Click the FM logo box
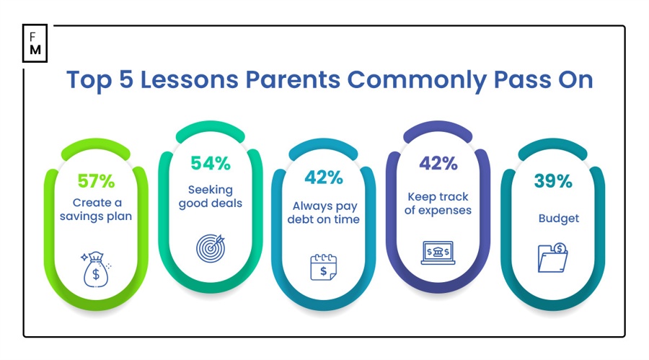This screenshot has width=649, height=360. (35, 43)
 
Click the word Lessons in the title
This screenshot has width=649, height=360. (189, 79)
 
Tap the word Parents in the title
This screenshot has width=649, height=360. (293, 79)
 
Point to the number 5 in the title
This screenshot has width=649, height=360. (126, 79)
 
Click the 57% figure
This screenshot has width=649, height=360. (96, 181)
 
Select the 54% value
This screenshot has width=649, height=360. (211, 163)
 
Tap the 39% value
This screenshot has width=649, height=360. (553, 181)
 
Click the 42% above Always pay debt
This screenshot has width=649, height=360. (324, 177)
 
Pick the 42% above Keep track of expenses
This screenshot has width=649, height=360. (438, 163)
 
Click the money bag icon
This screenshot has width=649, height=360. (96, 269)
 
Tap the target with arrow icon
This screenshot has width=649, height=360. (211, 248)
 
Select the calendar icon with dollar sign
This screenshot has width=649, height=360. (323, 267)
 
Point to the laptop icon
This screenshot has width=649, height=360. (438, 253)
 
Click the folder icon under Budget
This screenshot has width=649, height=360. (552, 258)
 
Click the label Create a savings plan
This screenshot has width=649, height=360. (96, 210)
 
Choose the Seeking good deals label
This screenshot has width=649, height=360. (211, 196)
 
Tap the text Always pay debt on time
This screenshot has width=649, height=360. (324, 213)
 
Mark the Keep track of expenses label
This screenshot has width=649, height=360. (438, 203)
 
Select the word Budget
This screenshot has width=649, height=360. (559, 219)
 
